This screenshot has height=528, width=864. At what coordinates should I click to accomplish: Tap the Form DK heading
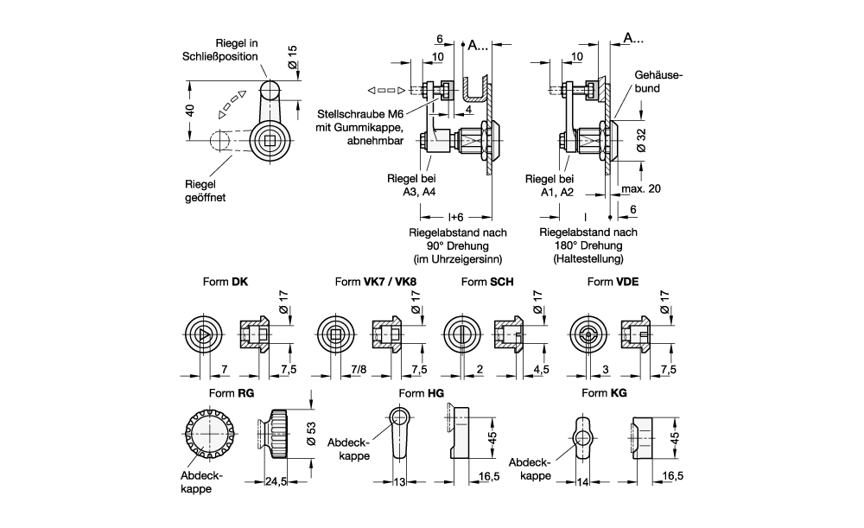pos(226,282)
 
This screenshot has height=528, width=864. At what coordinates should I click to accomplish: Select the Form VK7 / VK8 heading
pos(376,282)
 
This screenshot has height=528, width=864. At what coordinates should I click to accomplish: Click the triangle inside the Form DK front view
pos(203,334)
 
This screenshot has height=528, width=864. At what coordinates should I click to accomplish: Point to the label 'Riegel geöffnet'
pos(205,191)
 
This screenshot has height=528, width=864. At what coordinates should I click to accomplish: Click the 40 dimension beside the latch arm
pos(189,110)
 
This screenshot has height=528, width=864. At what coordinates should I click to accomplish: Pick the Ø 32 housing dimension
pos(641,141)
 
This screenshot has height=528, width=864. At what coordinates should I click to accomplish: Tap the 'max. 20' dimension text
pos(641,188)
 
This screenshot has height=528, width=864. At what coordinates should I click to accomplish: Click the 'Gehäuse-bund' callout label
pos(658,81)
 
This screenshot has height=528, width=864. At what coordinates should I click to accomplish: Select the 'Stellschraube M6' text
pos(360,114)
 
